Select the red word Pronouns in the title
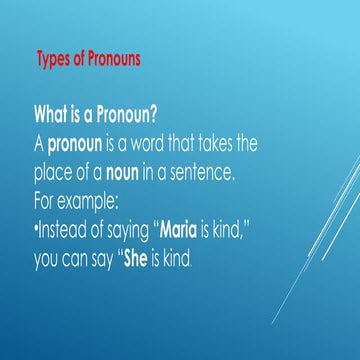click(110, 58)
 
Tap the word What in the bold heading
click(54, 109)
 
